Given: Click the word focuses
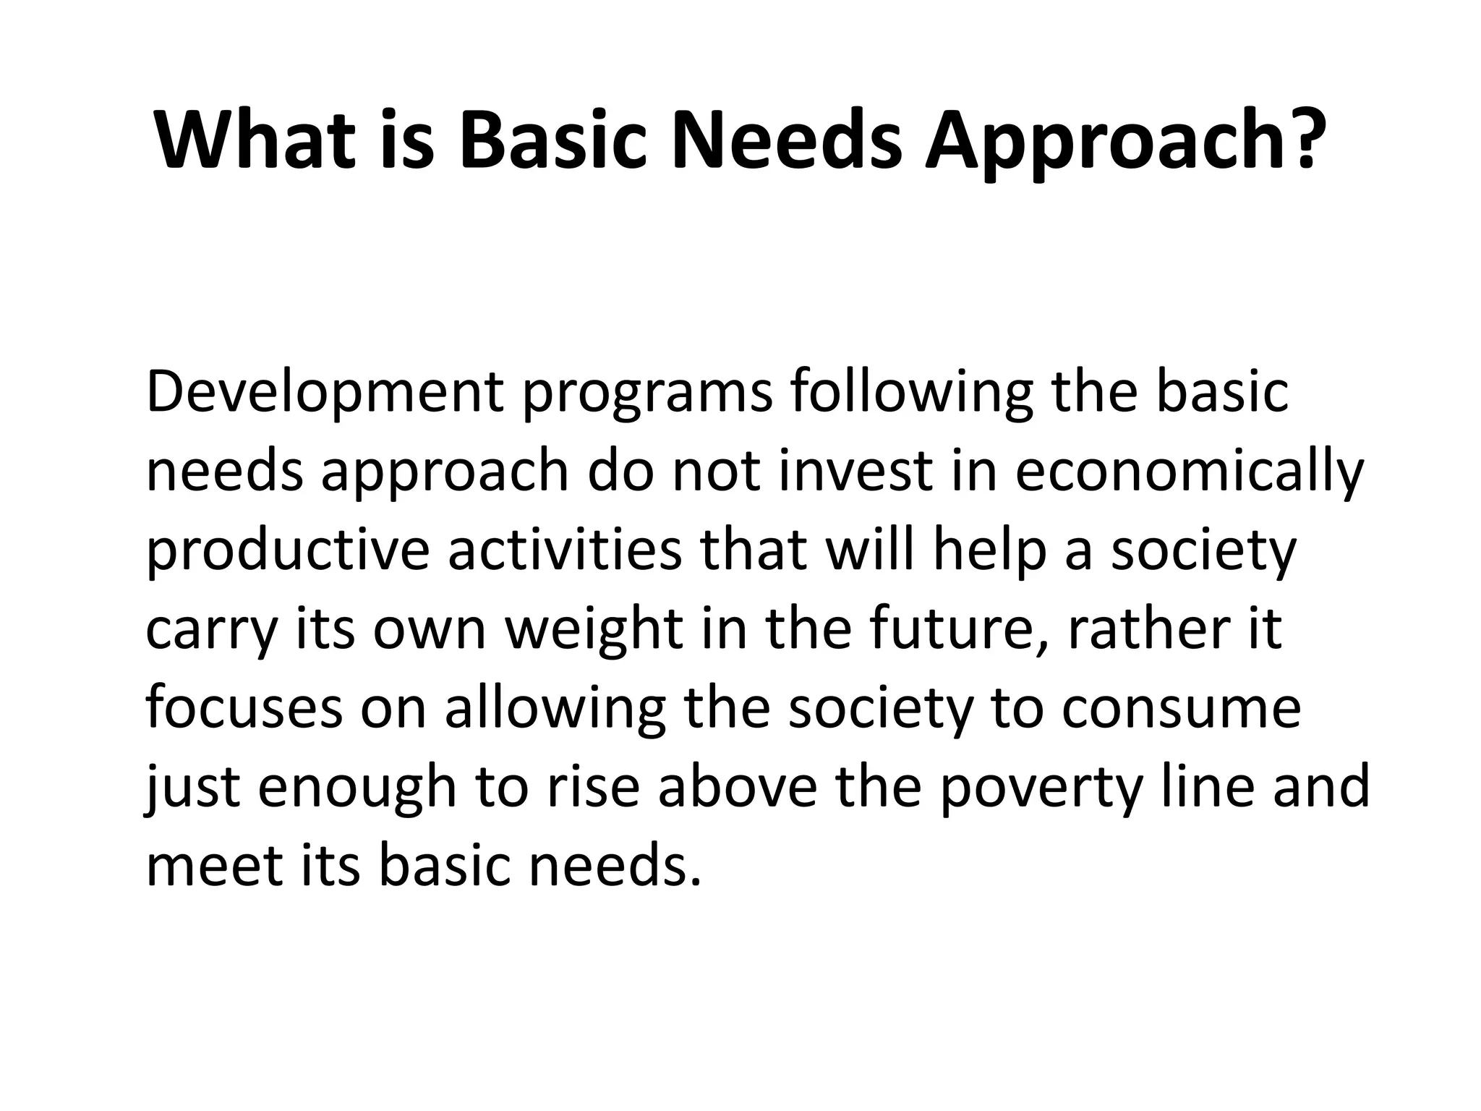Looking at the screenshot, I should click(x=244, y=709).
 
